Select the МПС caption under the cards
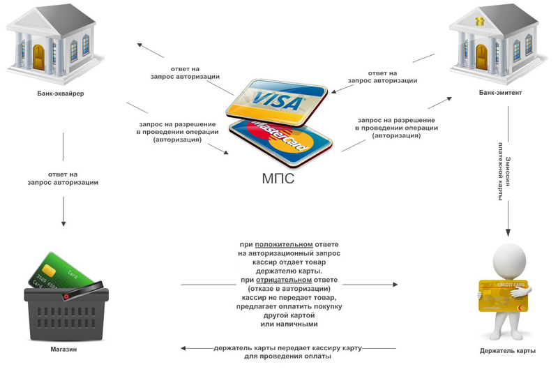[x=278, y=179]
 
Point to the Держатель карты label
[x=508, y=350]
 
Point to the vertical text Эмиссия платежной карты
[x=507, y=177]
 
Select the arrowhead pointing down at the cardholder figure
[x=508, y=234]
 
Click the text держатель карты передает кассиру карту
[x=288, y=347]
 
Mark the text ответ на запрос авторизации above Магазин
[x=63, y=178]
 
